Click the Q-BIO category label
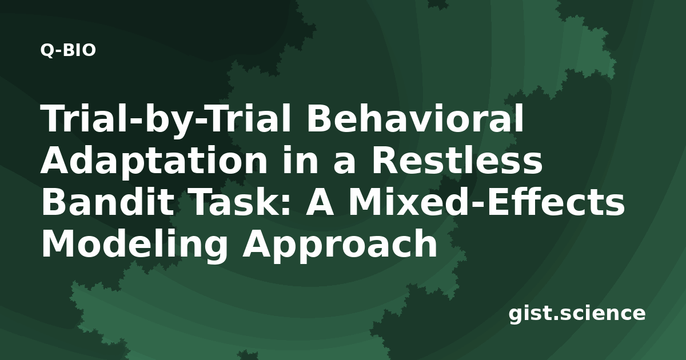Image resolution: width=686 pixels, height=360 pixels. click(68, 50)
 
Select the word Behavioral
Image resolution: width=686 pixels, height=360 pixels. click(416, 118)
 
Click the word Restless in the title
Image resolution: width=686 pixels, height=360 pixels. click(457, 159)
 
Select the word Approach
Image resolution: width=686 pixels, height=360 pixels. click(340, 245)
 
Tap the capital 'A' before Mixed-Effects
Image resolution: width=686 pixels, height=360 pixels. click(320, 201)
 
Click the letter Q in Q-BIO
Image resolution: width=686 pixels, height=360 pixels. click(47, 50)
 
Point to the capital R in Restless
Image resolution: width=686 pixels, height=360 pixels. click(385, 159)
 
